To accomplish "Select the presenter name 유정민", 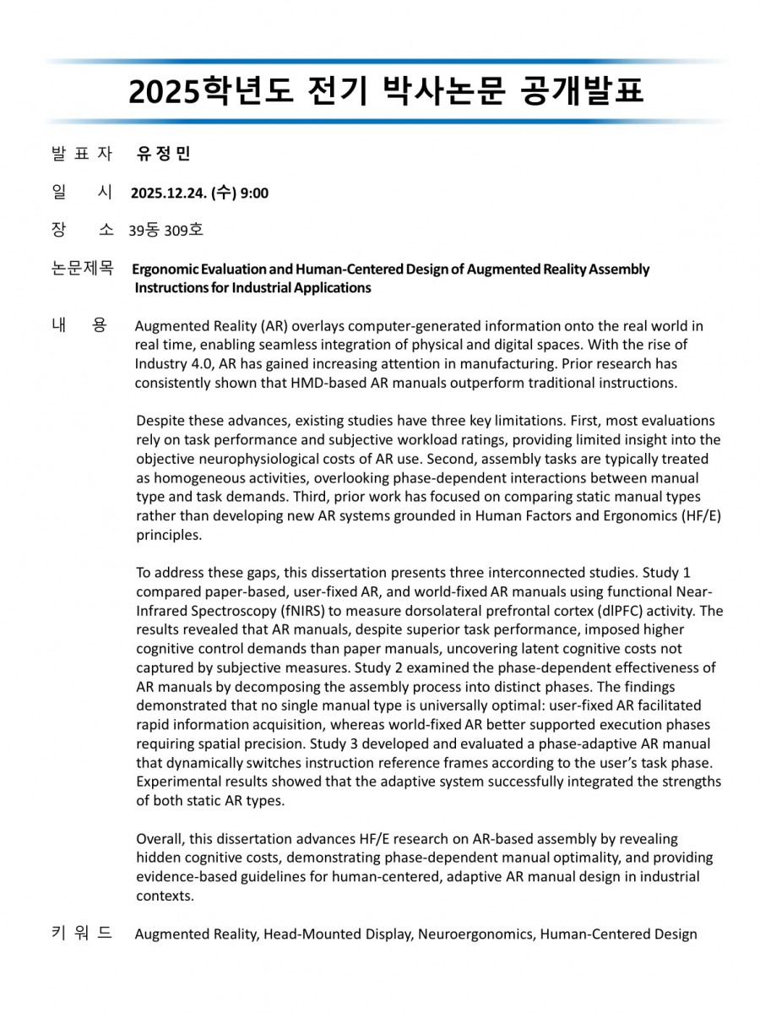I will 164,154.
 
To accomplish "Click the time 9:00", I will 254,193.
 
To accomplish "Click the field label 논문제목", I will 82,269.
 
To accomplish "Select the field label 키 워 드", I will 82,933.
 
